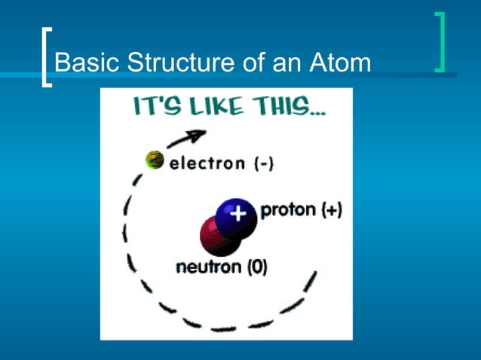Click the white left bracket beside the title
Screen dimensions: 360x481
[47, 57]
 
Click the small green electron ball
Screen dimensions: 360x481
[155, 160]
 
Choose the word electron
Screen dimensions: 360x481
[207, 163]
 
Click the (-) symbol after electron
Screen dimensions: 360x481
[262, 163]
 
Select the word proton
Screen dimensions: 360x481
[288, 211]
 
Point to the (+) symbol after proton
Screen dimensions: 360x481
[331, 211]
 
